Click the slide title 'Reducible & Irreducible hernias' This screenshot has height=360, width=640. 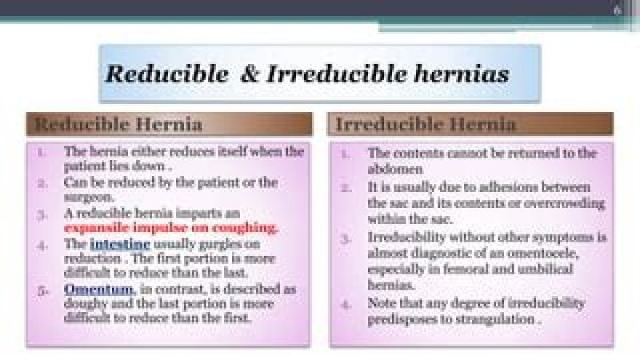tap(307, 74)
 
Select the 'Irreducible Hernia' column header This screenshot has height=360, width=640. tap(426, 124)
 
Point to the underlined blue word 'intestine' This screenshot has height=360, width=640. tap(115, 243)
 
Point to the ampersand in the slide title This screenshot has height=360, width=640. tap(244, 74)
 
